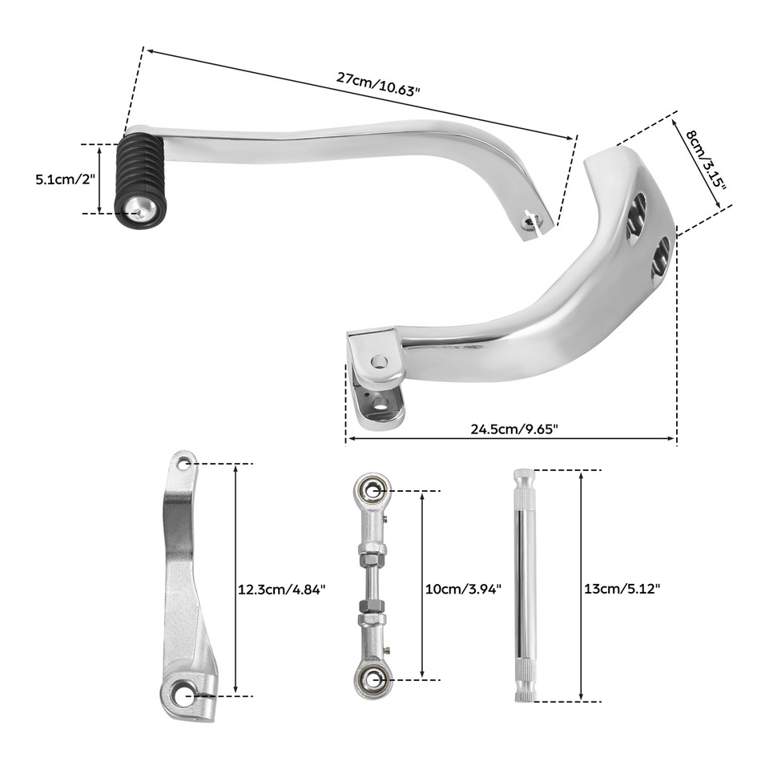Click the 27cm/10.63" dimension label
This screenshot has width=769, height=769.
pos(378,84)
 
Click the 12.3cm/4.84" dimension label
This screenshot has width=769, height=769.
pos(282,589)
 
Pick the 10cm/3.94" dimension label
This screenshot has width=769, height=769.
pos(462,589)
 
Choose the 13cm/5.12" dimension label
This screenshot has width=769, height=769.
pos(622,589)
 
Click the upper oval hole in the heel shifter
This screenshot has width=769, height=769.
pos(638,213)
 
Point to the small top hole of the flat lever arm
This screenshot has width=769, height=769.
pos(184,463)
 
